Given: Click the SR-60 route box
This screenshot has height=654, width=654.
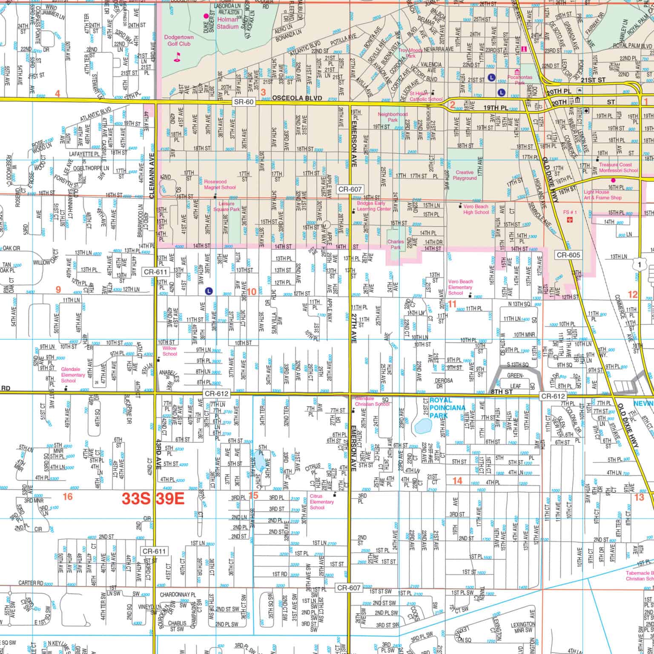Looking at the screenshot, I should coord(244,102).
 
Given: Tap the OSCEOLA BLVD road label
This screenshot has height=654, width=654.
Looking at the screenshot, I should coord(293,99).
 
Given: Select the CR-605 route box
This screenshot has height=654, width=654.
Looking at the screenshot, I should coord(568,255).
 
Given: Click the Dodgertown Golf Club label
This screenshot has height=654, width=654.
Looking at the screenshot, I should coord(179,40).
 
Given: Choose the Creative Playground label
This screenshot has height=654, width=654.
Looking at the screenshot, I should coord(465,175).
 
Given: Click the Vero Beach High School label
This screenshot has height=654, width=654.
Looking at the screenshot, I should coord(476,209).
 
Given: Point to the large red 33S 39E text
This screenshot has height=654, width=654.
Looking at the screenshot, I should coord(153,499).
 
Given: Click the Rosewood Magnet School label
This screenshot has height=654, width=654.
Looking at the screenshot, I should coord(219,184).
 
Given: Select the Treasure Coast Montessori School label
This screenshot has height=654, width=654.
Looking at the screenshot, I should coord(618,167).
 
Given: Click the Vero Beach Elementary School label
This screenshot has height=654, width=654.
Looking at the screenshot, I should coord(460,287).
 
